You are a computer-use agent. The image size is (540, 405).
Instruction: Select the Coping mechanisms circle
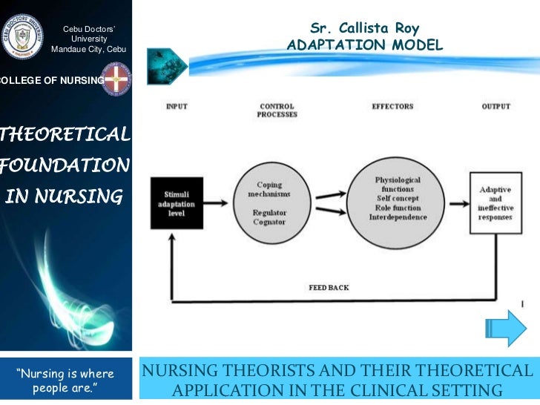pos(269,200)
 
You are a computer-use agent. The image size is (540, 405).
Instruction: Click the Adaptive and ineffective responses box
pos(495,203)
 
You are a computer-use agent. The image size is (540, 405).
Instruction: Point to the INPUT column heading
pos(177,107)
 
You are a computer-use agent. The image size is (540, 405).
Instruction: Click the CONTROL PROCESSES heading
pos(277,111)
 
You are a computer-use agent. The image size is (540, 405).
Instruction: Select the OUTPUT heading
pos(495,107)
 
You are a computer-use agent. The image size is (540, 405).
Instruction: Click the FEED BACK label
pos(329,287)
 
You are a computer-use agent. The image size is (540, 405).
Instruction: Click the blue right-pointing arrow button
pos(507,327)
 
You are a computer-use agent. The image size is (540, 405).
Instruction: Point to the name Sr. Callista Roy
pos(364,29)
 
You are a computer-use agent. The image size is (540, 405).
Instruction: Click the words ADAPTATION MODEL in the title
pos(364,46)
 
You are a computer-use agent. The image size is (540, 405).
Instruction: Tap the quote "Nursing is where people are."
pos(65,378)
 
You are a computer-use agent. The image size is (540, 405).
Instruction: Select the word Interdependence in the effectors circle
pos(396,217)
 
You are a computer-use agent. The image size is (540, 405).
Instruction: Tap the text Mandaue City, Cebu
pos(89,49)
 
